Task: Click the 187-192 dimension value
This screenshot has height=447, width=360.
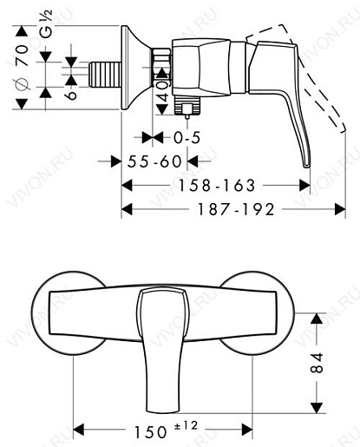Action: pyautogui.click(x=235, y=209)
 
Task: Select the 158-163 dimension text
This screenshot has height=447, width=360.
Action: pyautogui.click(x=217, y=185)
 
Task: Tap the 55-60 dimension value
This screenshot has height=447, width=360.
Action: pyautogui.click(x=154, y=161)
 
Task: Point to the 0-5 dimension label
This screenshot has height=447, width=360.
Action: pyautogui.click(x=187, y=137)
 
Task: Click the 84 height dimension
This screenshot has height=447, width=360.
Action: pyautogui.click(x=317, y=362)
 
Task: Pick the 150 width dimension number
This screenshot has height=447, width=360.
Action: pyautogui.click(x=151, y=432)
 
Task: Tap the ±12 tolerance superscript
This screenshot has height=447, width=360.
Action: pyautogui.click(x=187, y=425)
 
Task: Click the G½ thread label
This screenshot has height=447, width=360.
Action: pyautogui.click(x=46, y=23)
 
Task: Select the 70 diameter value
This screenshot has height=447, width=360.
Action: pyautogui.click(x=23, y=56)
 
